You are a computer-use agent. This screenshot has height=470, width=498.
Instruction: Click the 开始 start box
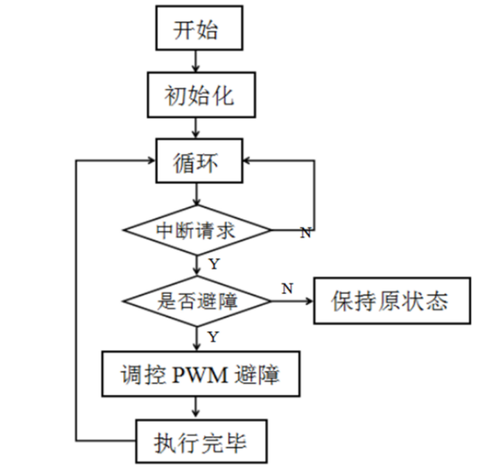pos(197,31)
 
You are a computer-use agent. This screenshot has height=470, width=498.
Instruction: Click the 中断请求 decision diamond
pos(197,231)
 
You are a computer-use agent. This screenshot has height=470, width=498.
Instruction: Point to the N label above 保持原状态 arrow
pos(287,287)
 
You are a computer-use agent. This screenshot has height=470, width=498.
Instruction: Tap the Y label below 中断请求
pos(213,264)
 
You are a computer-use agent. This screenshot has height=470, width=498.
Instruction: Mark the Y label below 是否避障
pos(213,336)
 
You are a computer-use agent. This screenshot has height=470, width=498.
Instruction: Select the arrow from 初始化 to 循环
pos(196,126)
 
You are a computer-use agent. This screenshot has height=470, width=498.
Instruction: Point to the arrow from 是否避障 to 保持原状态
pos(292,301)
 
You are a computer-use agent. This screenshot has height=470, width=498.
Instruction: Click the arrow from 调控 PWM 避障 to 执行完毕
pos(196,406)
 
